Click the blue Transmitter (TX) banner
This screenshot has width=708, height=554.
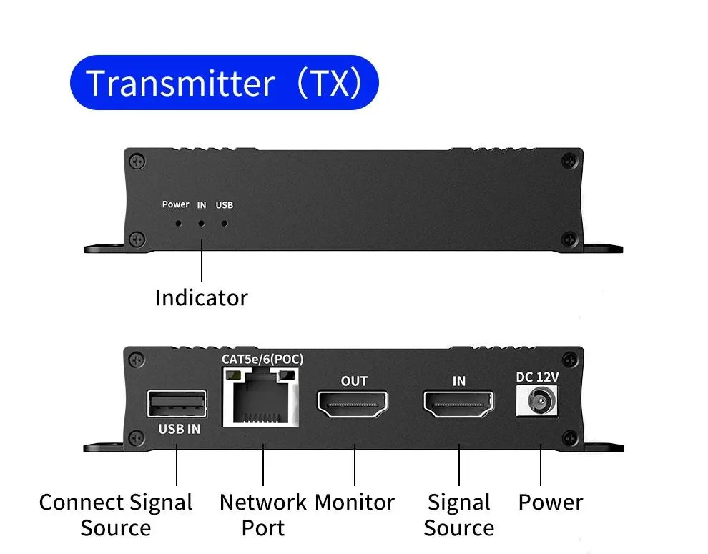click(x=225, y=83)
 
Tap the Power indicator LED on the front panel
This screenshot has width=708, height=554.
click(x=179, y=223)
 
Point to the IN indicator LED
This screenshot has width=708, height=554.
click(x=202, y=223)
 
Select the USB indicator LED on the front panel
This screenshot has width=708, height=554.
click(x=225, y=223)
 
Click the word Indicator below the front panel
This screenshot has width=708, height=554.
click(x=202, y=298)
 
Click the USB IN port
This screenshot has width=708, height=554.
click(x=177, y=404)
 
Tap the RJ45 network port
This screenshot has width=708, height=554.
click(x=261, y=397)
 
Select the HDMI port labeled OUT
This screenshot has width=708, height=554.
click(x=353, y=405)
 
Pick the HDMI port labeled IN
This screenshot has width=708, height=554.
click(x=458, y=404)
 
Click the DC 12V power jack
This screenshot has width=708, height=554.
click(x=537, y=401)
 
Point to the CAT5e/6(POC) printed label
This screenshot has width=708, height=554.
click(x=262, y=359)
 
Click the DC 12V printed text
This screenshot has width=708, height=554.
click(x=537, y=377)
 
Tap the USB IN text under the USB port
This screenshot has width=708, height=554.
click(x=180, y=429)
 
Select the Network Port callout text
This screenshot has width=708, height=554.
click(x=262, y=515)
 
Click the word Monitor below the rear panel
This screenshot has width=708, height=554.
click(x=355, y=503)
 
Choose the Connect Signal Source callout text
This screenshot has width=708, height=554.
click(x=116, y=515)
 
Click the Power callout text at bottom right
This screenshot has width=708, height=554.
click(x=551, y=503)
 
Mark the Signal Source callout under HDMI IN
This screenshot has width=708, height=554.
click(x=458, y=515)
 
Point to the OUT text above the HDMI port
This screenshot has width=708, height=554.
click(x=355, y=382)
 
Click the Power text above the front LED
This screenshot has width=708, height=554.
click(x=176, y=204)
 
